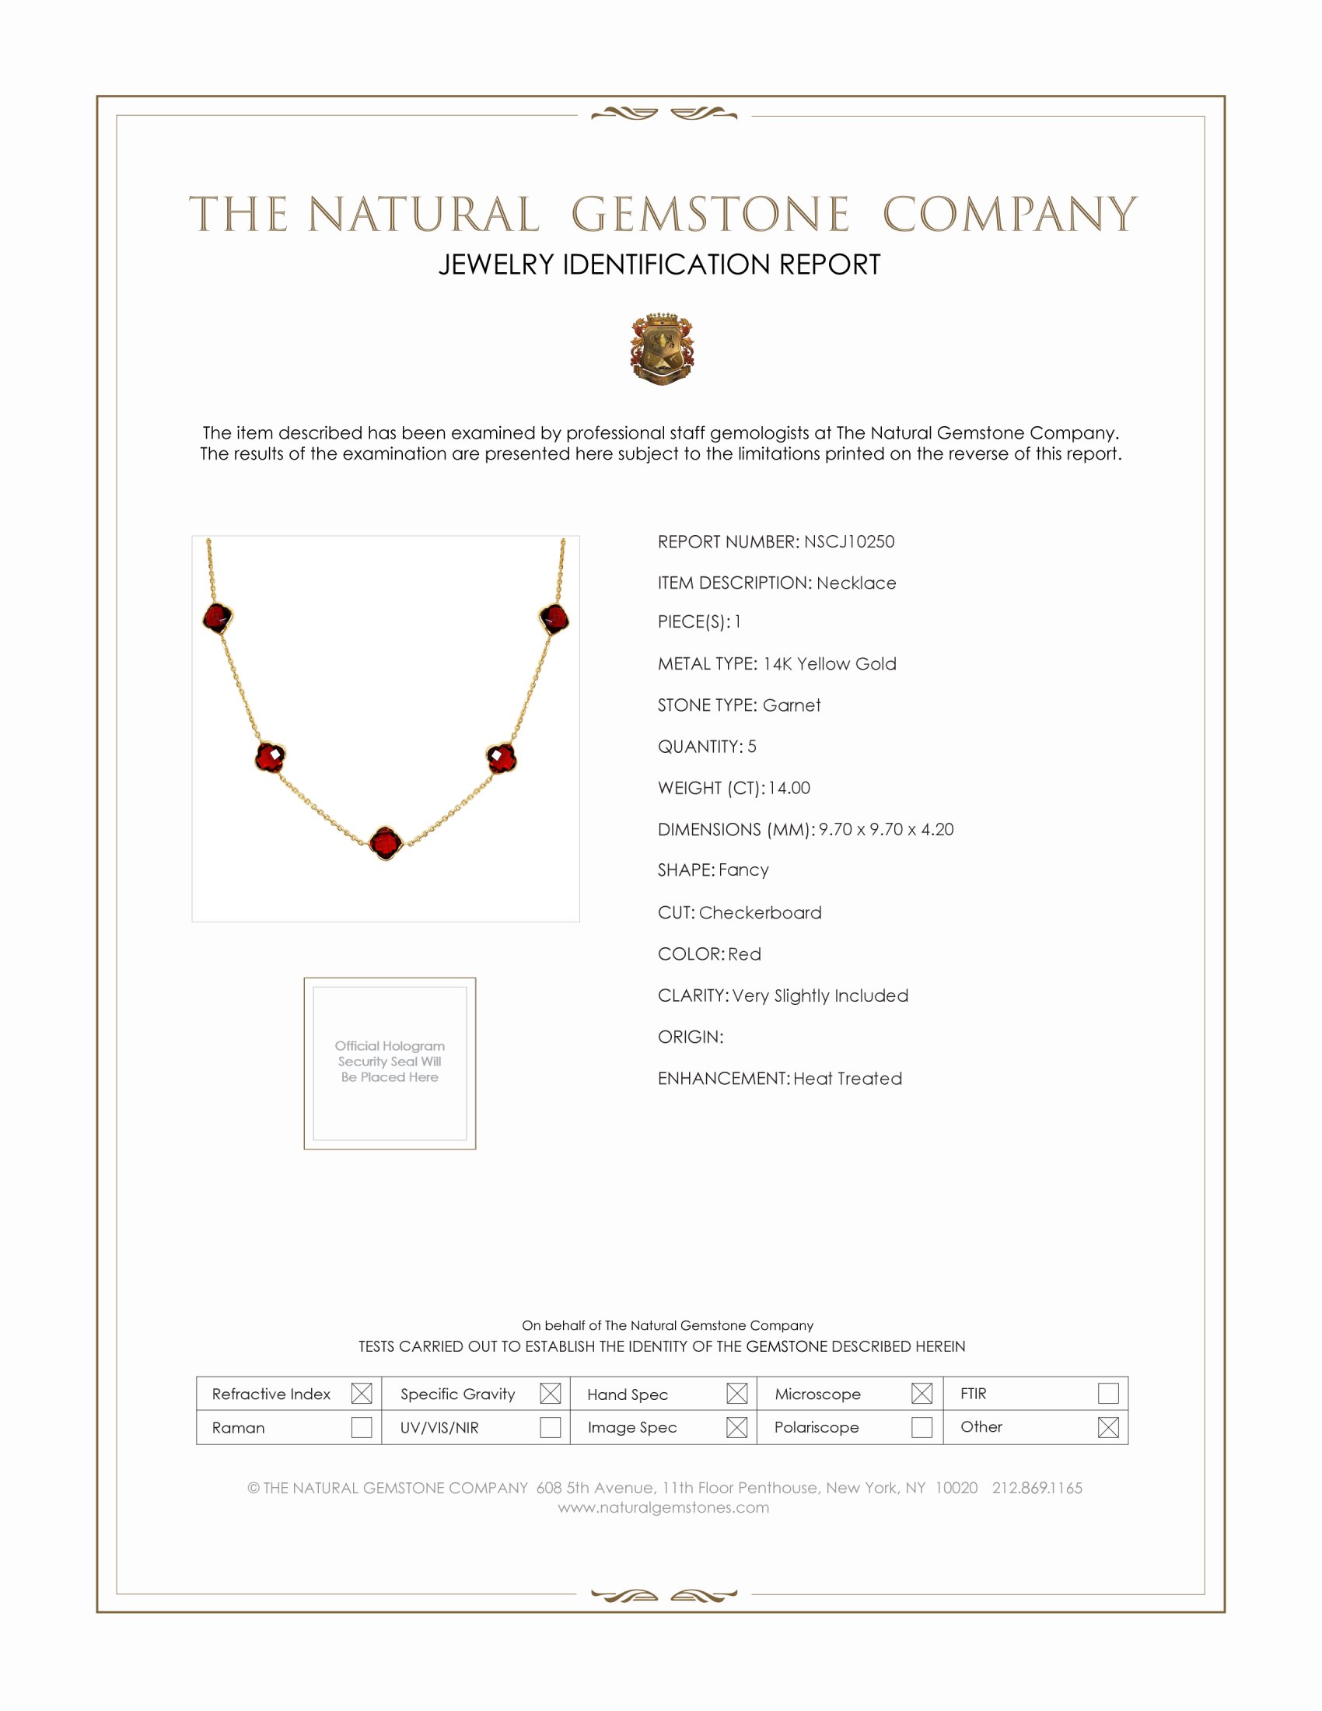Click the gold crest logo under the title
(x=662, y=349)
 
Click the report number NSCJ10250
(x=849, y=542)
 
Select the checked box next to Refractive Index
(x=361, y=1394)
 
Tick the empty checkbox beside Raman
(x=361, y=1427)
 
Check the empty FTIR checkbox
(x=1107, y=1394)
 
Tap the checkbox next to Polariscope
(x=921, y=1427)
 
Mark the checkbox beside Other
(x=1107, y=1427)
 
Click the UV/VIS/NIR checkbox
(x=550, y=1427)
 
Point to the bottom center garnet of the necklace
(x=385, y=843)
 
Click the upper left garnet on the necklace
(x=217, y=618)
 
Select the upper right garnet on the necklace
(x=554, y=618)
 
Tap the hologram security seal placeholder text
(x=390, y=1062)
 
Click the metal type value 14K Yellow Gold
(x=830, y=664)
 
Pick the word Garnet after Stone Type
(x=791, y=706)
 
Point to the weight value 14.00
(x=789, y=788)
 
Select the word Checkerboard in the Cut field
(x=760, y=913)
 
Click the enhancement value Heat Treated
(x=848, y=1079)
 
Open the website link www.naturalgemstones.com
(x=663, y=1508)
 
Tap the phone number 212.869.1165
(x=1037, y=1489)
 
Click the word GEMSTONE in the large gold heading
(x=709, y=215)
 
